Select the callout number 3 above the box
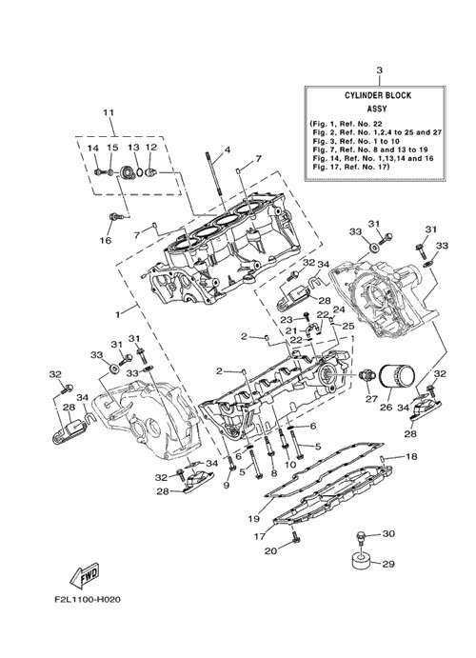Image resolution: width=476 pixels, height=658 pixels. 379,70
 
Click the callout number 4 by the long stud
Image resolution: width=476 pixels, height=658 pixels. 227,150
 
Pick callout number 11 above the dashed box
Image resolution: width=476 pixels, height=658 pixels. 109,113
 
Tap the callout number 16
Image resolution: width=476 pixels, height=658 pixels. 106,240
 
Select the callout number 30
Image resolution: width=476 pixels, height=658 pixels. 388,534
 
